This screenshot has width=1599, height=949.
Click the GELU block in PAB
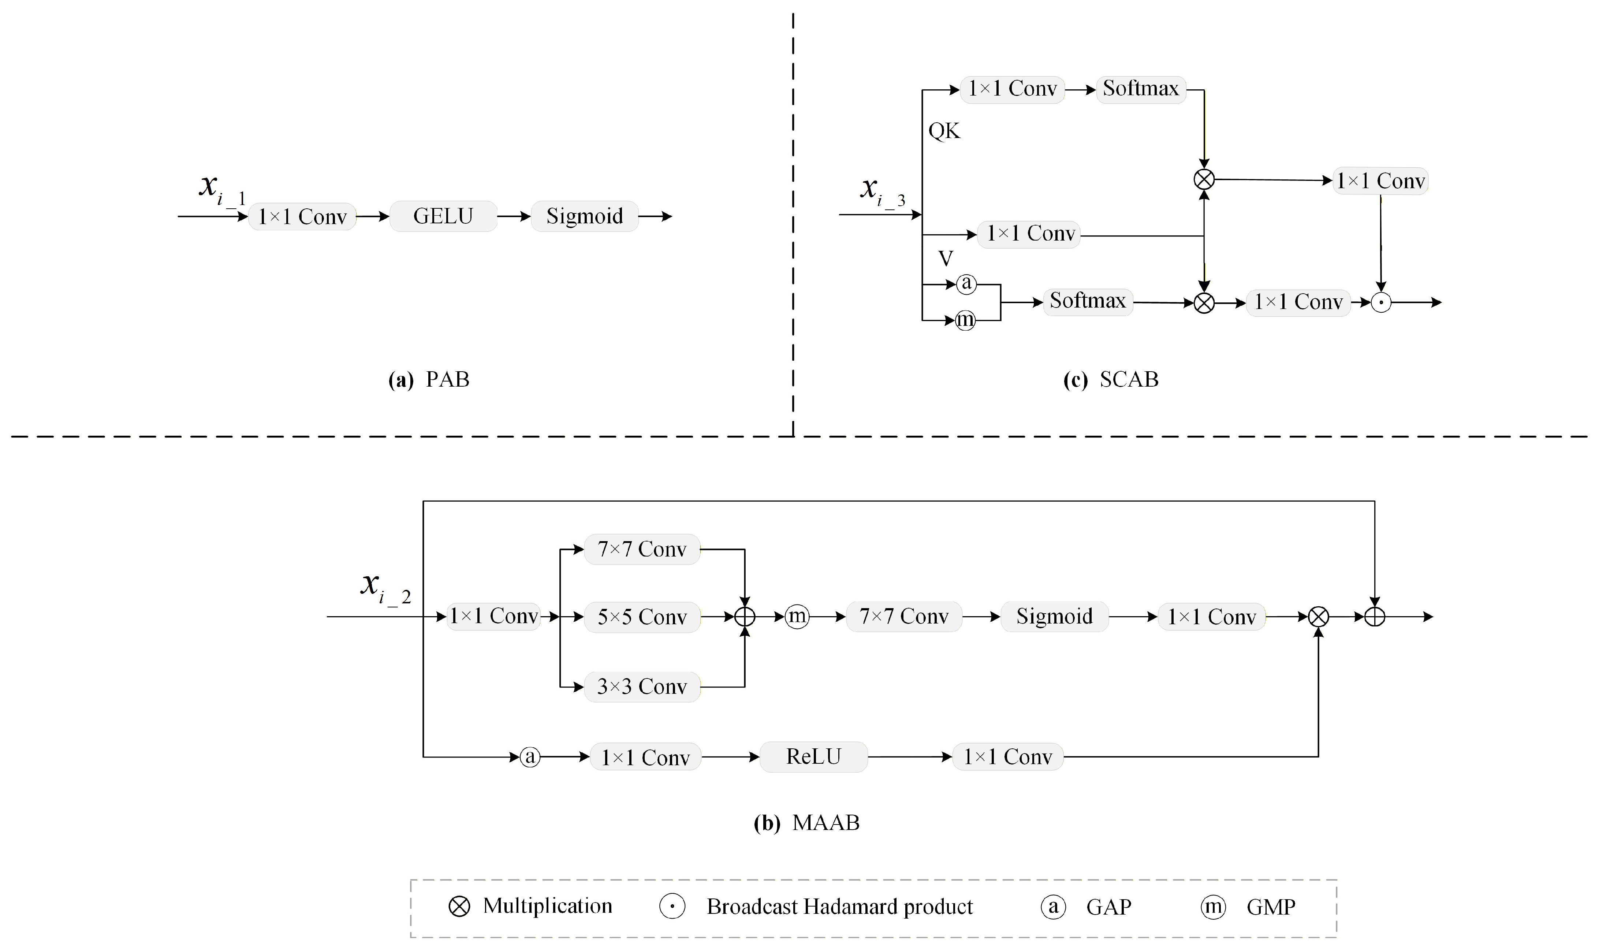tap(443, 216)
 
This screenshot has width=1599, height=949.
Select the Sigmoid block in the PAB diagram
tap(584, 216)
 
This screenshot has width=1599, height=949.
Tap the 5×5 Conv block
tap(642, 617)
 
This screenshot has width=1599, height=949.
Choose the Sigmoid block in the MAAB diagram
tap(1054, 617)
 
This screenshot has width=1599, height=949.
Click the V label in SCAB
tap(946, 258)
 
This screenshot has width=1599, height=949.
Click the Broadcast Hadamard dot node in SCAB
tap(1381, 302)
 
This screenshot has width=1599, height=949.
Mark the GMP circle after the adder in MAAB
tap(797, 617)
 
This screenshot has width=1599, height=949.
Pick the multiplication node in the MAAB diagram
tap(1318, 617)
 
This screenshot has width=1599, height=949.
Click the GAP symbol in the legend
tap(1053, 907)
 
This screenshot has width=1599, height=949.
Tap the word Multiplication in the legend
tap(547, 906)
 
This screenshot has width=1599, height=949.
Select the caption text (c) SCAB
tap(1111, 380)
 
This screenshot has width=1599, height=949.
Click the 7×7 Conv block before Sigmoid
tap(903, 617)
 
